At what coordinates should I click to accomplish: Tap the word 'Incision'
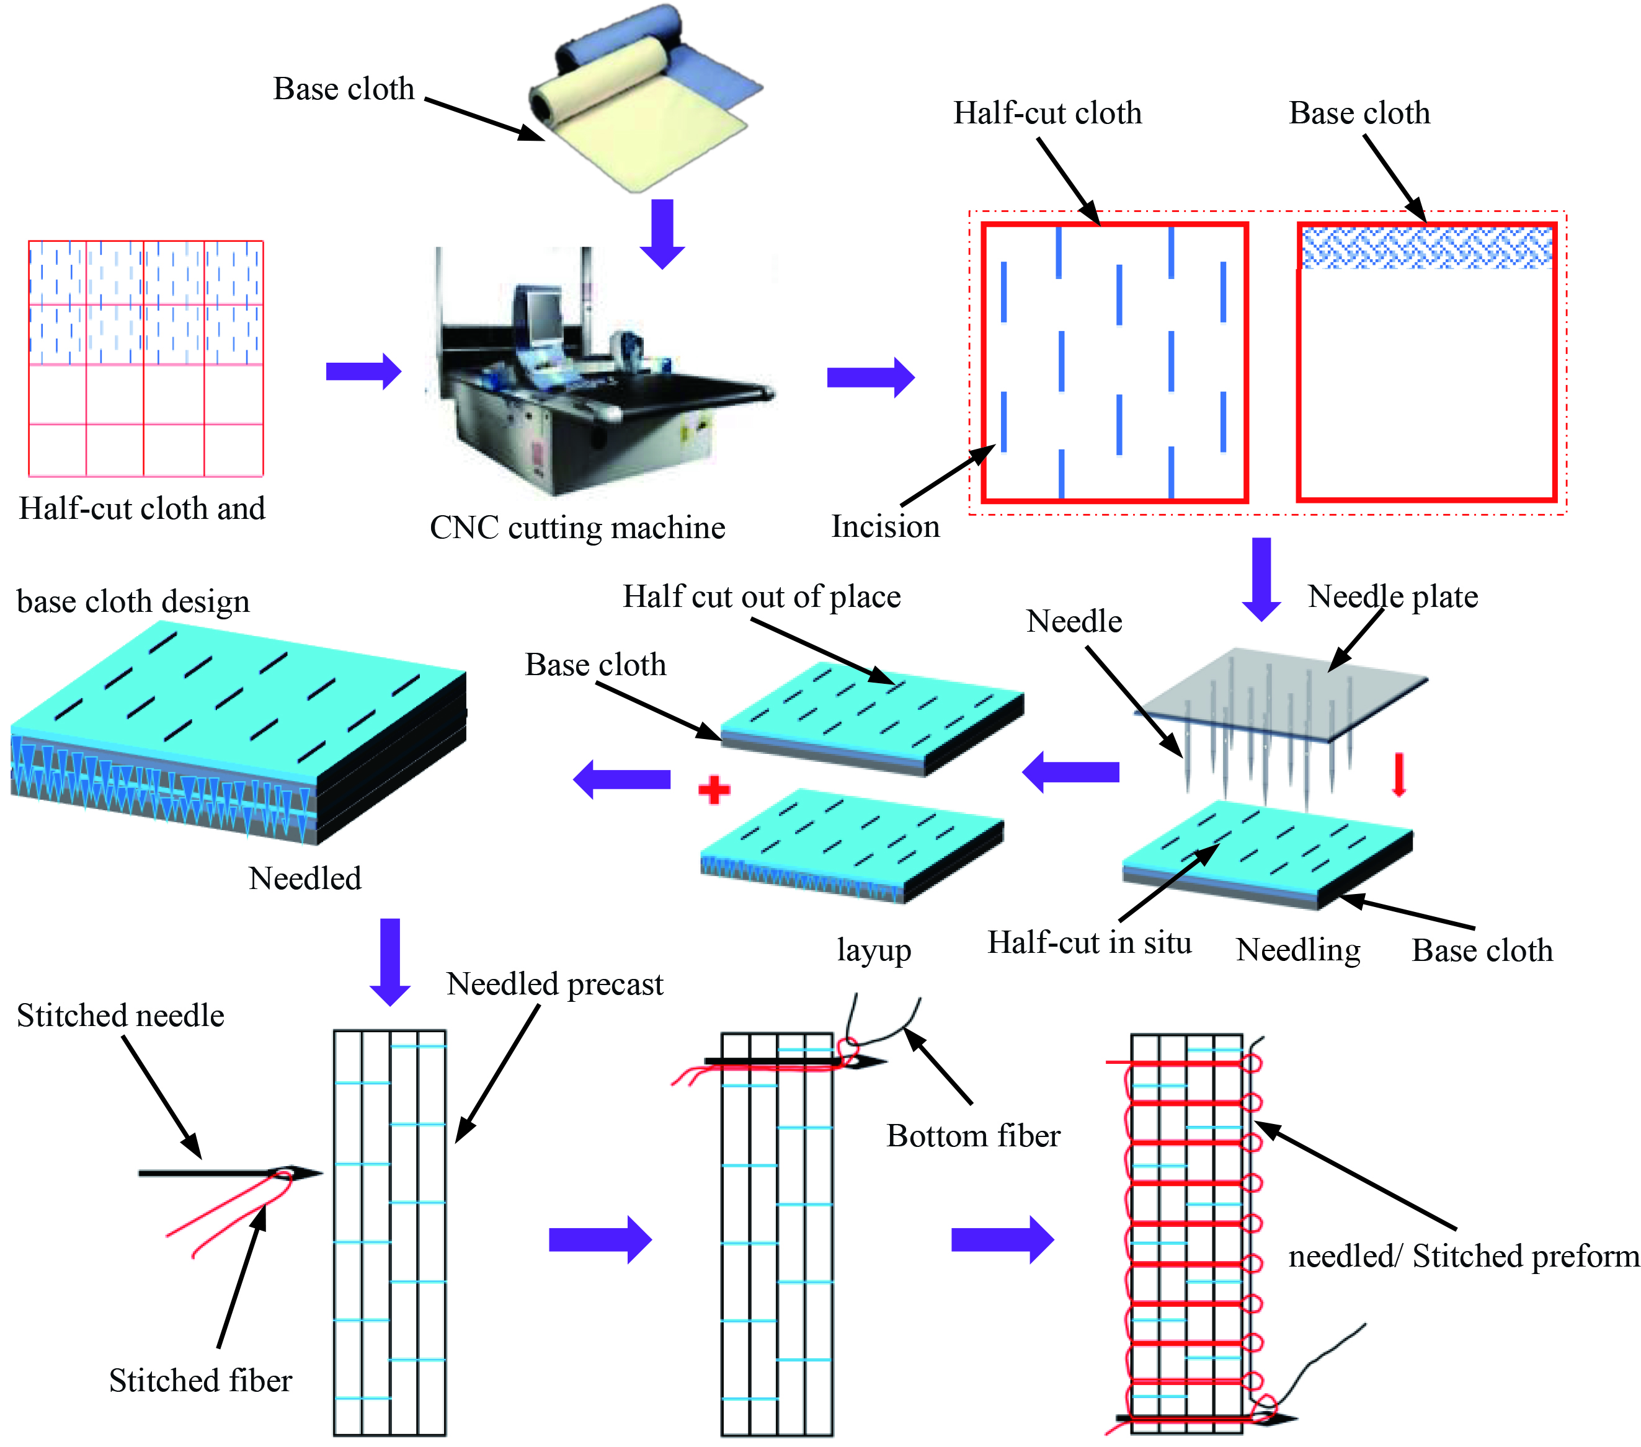885,526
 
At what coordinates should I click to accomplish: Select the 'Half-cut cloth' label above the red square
1047,113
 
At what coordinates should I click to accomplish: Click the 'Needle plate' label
1392,596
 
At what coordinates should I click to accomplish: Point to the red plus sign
714,790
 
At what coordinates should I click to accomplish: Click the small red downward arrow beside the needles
1399,774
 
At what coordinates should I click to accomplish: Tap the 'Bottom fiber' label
973,1136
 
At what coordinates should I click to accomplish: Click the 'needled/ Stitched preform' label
1464,1256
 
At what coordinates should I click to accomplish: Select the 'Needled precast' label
555,984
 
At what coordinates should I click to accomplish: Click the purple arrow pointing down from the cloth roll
662,232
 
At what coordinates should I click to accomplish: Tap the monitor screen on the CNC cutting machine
543,316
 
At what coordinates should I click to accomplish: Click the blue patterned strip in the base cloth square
1426,247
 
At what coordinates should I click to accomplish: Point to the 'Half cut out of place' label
761,596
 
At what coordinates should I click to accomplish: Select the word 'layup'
873,950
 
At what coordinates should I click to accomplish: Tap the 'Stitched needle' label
120,1016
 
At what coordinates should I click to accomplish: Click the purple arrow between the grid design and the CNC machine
363,371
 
